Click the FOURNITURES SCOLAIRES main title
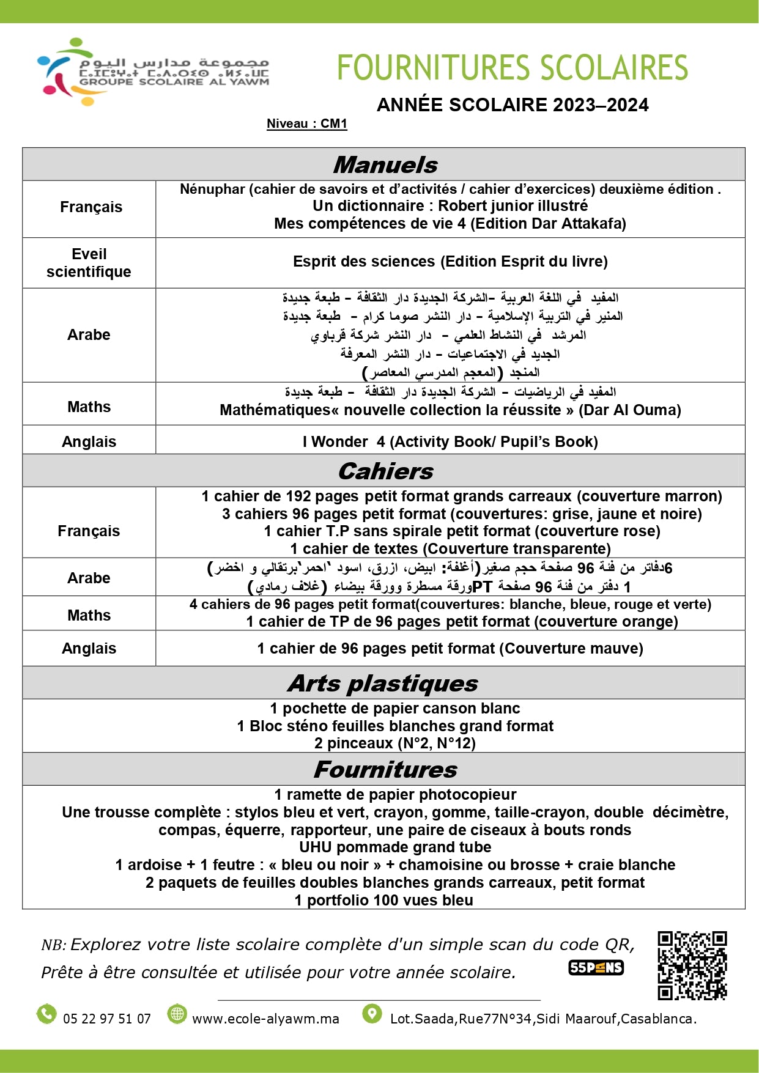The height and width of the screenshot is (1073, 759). point(512,67)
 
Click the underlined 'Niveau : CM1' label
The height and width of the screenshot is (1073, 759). point(306,124)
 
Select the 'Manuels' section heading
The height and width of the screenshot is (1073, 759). point(385,164)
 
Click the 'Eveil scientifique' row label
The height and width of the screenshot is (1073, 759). point(89,263)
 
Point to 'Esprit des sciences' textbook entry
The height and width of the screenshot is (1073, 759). point(450,262)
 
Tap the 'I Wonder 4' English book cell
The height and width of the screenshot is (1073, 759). point(450,441)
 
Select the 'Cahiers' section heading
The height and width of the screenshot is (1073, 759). point(385,471)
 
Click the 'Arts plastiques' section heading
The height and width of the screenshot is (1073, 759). point(383,683)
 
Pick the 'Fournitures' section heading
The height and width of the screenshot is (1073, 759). point(385,769)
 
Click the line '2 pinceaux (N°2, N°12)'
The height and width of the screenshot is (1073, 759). point(395,743)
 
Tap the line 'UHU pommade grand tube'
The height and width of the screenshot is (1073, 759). point(395,847)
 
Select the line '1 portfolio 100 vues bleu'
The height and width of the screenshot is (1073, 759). point(383,901)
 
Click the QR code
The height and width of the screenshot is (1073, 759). point(692,965)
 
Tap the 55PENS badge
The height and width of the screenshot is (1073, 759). point(596,967)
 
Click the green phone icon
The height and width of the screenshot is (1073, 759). point(46,1014)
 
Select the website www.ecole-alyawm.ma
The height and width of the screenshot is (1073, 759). point(265,1019)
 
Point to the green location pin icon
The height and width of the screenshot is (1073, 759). point(371,1014)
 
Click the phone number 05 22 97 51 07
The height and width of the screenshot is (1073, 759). point(107,1019)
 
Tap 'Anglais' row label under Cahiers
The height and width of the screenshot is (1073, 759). point(89,648)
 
